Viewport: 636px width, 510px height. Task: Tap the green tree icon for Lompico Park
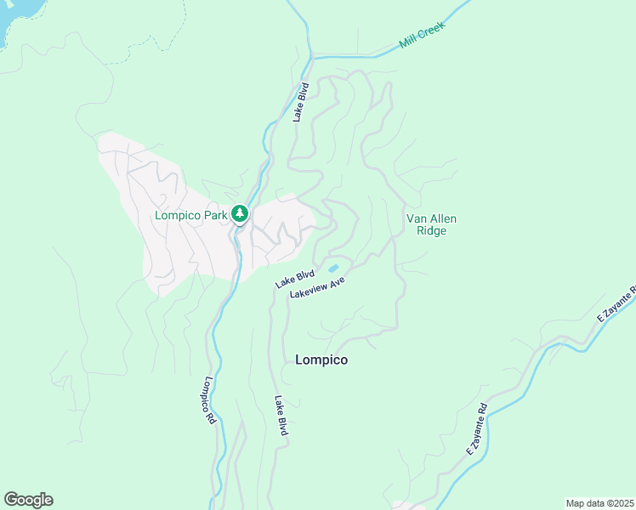[241, 214]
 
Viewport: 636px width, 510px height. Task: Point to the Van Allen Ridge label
[426, 224]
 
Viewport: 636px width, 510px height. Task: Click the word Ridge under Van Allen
[426, 230]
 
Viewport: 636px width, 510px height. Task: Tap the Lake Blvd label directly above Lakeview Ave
[295, 278]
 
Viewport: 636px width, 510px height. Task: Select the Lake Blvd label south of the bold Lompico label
[281, 416]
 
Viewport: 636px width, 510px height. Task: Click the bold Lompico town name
[321, 360]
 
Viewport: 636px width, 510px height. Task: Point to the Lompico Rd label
[210, 401]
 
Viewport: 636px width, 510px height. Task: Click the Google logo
[28, 500]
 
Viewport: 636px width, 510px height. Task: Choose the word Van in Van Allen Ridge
[416, 218]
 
